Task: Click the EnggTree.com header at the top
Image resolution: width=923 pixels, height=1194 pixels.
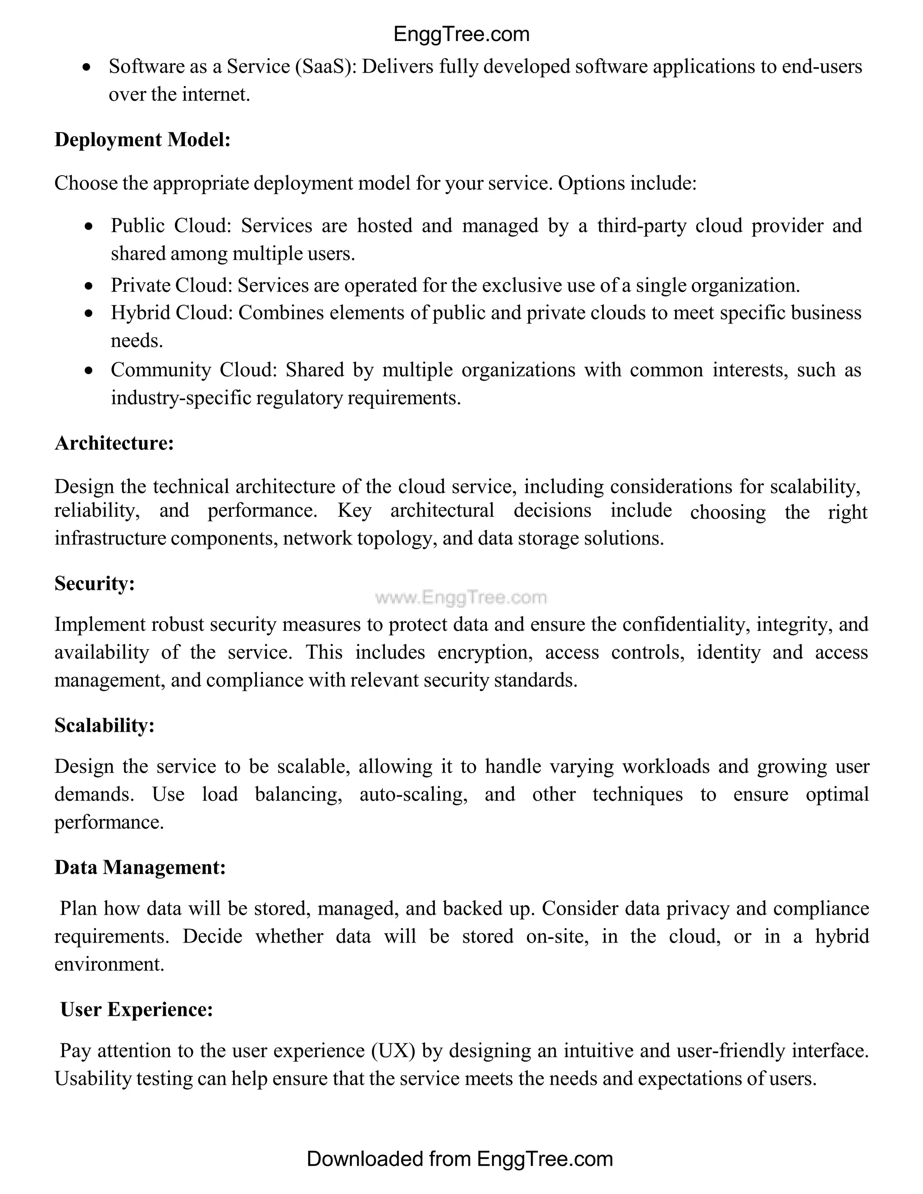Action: [461, 34]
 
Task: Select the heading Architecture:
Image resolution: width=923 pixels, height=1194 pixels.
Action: [114, 443]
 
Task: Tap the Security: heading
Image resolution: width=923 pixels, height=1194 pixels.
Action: [95, 584]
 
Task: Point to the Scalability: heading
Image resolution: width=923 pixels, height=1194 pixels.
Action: [105, 725]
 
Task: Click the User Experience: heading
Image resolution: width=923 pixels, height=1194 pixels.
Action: [136, 1010]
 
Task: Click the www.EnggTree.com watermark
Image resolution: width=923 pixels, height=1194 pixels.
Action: [461, 597]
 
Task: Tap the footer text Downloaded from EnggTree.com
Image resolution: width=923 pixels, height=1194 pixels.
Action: [460, 1159]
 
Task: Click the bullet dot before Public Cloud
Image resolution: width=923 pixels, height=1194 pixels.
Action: [89, 226]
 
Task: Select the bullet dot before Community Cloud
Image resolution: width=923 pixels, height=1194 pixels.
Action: [89, 371]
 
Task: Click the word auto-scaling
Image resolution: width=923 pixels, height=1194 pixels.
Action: [413, 794]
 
